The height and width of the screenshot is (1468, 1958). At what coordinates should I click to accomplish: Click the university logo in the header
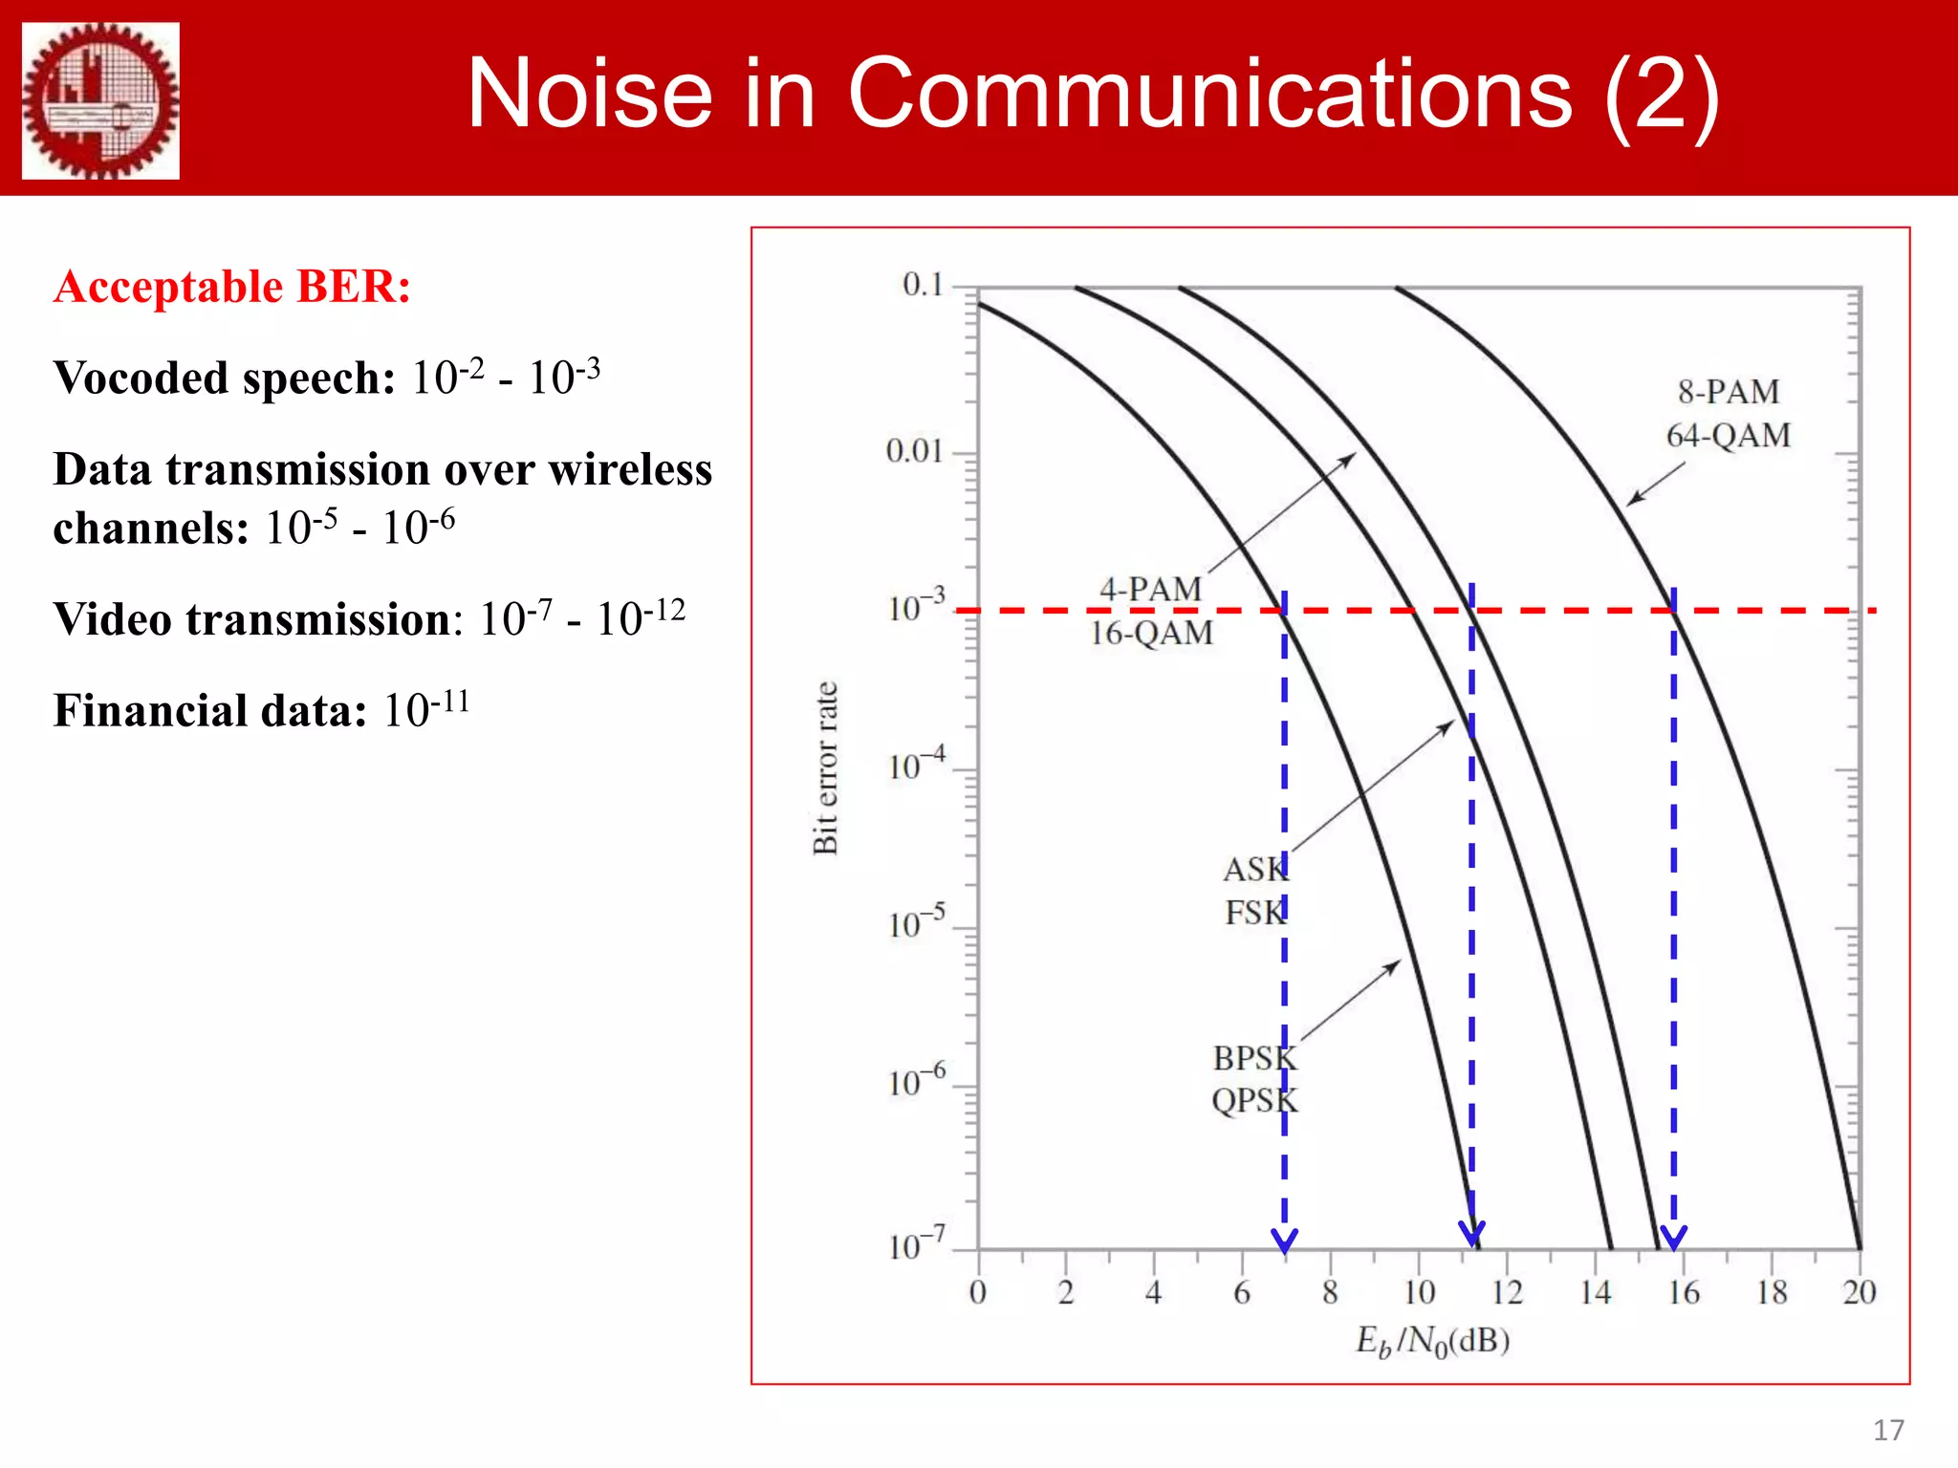coord(100,100)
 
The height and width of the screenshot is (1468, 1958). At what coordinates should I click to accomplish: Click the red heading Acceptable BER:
coord(232,287)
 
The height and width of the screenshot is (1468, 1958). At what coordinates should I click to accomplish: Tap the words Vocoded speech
coord(224,378)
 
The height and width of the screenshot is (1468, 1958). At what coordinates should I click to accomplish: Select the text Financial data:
coord(209,711)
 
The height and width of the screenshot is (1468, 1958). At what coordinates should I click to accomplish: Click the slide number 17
coord(1887,1430)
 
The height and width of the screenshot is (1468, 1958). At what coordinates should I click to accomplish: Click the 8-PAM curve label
coord(1728,392)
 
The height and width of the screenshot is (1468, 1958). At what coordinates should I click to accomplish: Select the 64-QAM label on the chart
coord(1728,436)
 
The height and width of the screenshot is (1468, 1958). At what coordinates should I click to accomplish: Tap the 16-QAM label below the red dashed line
coord(1151,633)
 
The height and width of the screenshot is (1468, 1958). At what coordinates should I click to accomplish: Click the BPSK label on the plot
coord(1254,1058)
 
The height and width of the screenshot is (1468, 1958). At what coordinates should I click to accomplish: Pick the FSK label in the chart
coord(1255,913)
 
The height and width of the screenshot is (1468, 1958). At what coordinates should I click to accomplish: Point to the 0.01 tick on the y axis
coord(914,451)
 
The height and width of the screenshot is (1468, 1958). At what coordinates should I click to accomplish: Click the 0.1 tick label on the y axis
coord(922,285)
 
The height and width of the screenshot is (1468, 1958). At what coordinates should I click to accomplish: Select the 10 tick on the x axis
coord(1419,1293)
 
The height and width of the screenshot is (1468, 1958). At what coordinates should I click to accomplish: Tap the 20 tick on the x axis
coord(1859,1293)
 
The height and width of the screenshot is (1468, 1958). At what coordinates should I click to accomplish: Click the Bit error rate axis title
coord(825,767)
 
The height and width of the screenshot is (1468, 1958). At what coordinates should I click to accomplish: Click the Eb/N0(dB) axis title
coord(1431,1341)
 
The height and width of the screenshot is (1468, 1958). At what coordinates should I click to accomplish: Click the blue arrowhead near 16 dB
coord(1673,1238)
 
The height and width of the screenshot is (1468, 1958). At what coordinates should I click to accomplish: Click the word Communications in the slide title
coord(1208,93)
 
